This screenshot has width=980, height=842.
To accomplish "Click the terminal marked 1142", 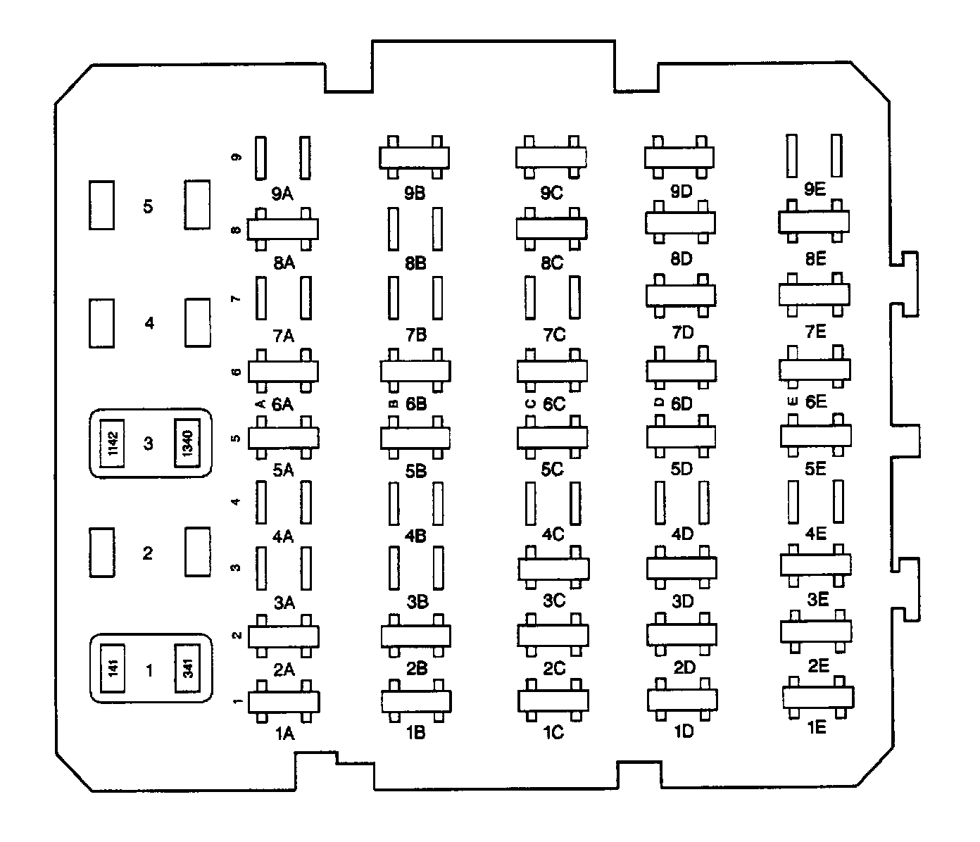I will [x=114, y=444].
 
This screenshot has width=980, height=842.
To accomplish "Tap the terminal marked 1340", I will [x=187, y=444].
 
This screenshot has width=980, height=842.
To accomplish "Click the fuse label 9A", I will [x=282, y=194].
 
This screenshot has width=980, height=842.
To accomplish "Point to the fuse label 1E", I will [x=816, y=728].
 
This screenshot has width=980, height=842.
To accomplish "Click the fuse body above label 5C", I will [x=553, y=437].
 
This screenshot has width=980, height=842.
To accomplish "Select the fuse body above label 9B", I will [x=415, y=157].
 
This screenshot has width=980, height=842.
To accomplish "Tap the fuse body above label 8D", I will [x=681, y=222].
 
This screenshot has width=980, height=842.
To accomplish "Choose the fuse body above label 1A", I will [x=284, y=701].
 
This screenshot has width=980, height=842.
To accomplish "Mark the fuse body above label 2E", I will [x=817, y=631].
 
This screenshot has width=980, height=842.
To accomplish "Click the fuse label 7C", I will [x=554, y=335].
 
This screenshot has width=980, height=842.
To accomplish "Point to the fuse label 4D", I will [x=682, y=534].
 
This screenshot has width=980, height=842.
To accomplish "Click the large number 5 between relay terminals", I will [x=148, y=207].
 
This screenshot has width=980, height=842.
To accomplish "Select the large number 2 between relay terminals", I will [x=148, y=553].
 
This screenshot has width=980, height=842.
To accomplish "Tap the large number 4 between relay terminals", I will [x=149, y=324].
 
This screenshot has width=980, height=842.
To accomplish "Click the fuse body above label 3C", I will [x=554, y=568].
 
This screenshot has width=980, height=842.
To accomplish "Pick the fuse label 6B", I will [x=416, y=403].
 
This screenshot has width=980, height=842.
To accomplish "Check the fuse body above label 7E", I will [x=815, y=294].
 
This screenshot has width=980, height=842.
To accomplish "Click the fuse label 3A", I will [x=284, y=603].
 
